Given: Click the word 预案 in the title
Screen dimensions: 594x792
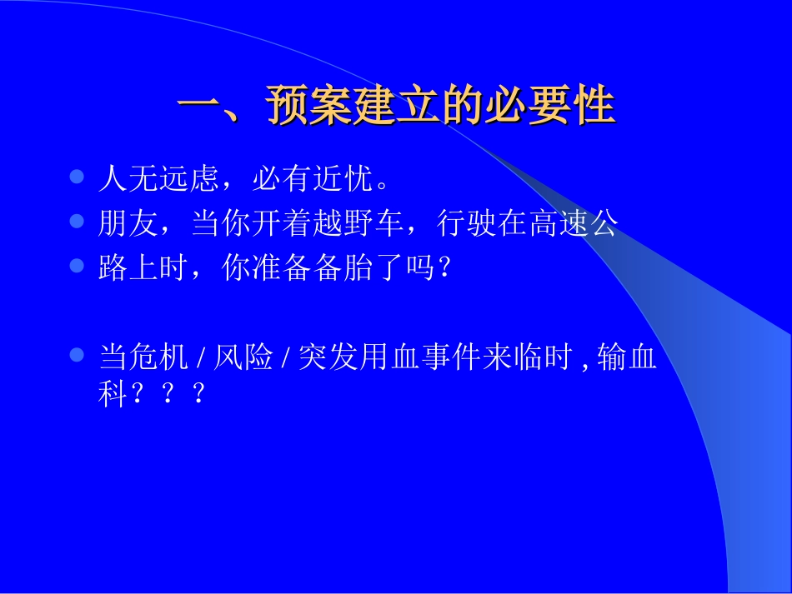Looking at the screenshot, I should coord(309,107).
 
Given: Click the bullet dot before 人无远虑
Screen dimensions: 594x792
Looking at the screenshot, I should coord(78,177).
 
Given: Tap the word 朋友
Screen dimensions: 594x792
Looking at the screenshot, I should coord(128,223).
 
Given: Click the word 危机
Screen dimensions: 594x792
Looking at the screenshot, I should coord(158,358).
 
